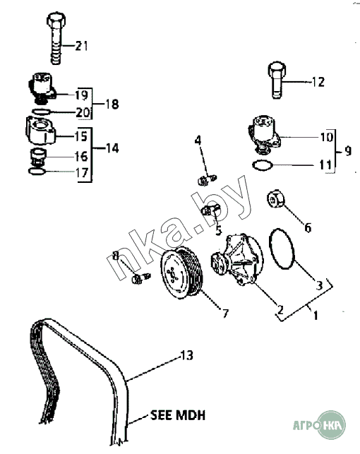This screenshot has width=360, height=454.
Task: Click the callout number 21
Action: [x=81, y=46]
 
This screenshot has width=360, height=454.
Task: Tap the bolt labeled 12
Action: [x=277, y=80]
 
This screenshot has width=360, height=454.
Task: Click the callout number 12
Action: [x=318, y=82]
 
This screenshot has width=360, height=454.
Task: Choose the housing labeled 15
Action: [x=40, y=131]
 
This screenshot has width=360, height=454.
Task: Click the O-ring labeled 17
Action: [x=37, y=172]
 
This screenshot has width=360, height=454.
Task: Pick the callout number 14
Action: [x=112, y=148]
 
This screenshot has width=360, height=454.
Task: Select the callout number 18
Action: [x=112, y=104]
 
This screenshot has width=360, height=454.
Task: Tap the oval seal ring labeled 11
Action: [x=263, y=165]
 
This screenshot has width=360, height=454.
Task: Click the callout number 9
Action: [x=348, y=151]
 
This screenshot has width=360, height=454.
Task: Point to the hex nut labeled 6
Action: [x=275, y=198]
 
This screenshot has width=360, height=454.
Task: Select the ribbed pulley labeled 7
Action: [x=181, y=274]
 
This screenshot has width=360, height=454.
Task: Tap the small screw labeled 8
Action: [x=141, y=278]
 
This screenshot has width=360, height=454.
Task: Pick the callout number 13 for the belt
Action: [x=187, y=355]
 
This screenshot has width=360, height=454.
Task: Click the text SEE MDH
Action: [x=178, y=415]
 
